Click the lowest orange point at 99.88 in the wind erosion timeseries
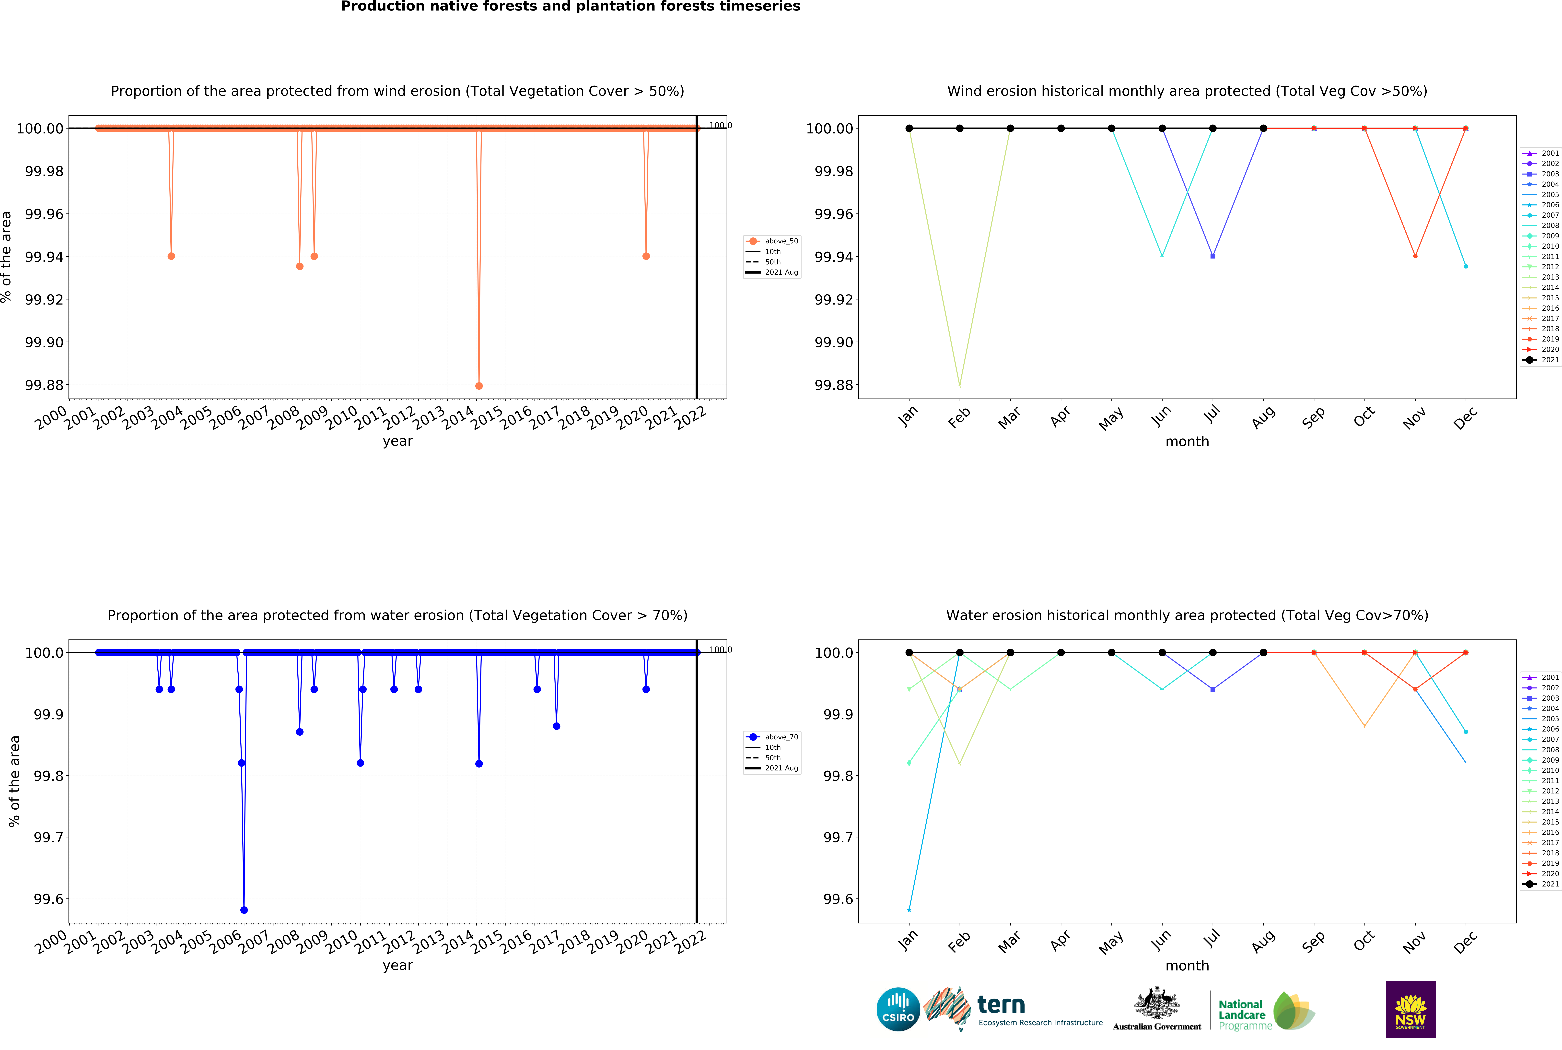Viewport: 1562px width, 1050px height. tap(479, 386)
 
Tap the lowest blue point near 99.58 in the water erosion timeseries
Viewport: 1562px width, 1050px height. tap(244, 910)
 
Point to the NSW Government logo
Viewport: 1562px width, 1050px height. tap(1410, 1009)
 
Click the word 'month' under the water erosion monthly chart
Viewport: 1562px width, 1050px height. tap(1187, 966)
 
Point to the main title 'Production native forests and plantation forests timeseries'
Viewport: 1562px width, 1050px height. tap(571, 7)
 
